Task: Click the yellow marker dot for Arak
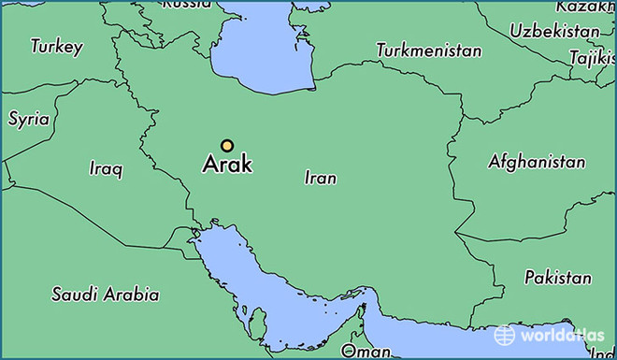(x=227, y=145)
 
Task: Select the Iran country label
(x=321, y=178)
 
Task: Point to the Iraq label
(x=106, y=169)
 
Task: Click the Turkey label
(x=56, y=46)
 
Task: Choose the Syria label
(x=28, y=119)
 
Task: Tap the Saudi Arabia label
(x=105, y=295)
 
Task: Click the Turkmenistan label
(x=429, y=50)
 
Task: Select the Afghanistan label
(x=537, y=162)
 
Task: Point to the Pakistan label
(x=557, y=278)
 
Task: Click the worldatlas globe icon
(x=505, y=334)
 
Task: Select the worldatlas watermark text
(x=560, y=335)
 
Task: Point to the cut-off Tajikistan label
(x=595, y=58)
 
